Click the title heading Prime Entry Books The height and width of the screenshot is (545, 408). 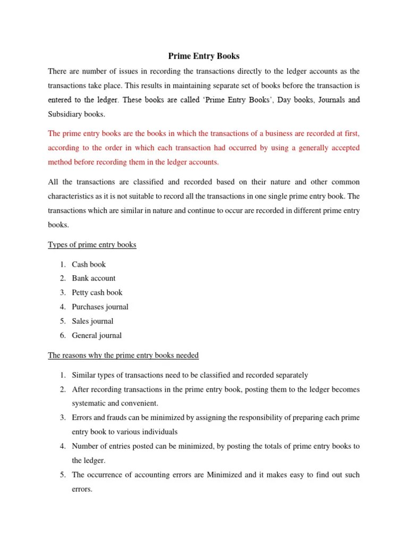[x=204, y=55]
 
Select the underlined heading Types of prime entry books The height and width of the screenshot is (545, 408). [x=92, y=245]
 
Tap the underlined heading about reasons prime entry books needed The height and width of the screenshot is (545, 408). [x=123, y=355]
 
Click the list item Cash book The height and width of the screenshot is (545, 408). [x=89, y=265]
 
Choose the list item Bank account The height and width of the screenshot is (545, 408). [x=93, y=278]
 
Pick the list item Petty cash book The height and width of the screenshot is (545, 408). [x=97, y=293]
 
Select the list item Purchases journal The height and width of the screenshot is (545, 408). [x=100, y=307]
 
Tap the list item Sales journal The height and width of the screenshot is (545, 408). [x=92, y=321]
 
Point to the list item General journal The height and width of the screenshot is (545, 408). [x=97, y=336]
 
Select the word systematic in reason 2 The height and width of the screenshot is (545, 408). [x=90, y=403]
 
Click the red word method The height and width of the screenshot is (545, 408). [x=61, y=162]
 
